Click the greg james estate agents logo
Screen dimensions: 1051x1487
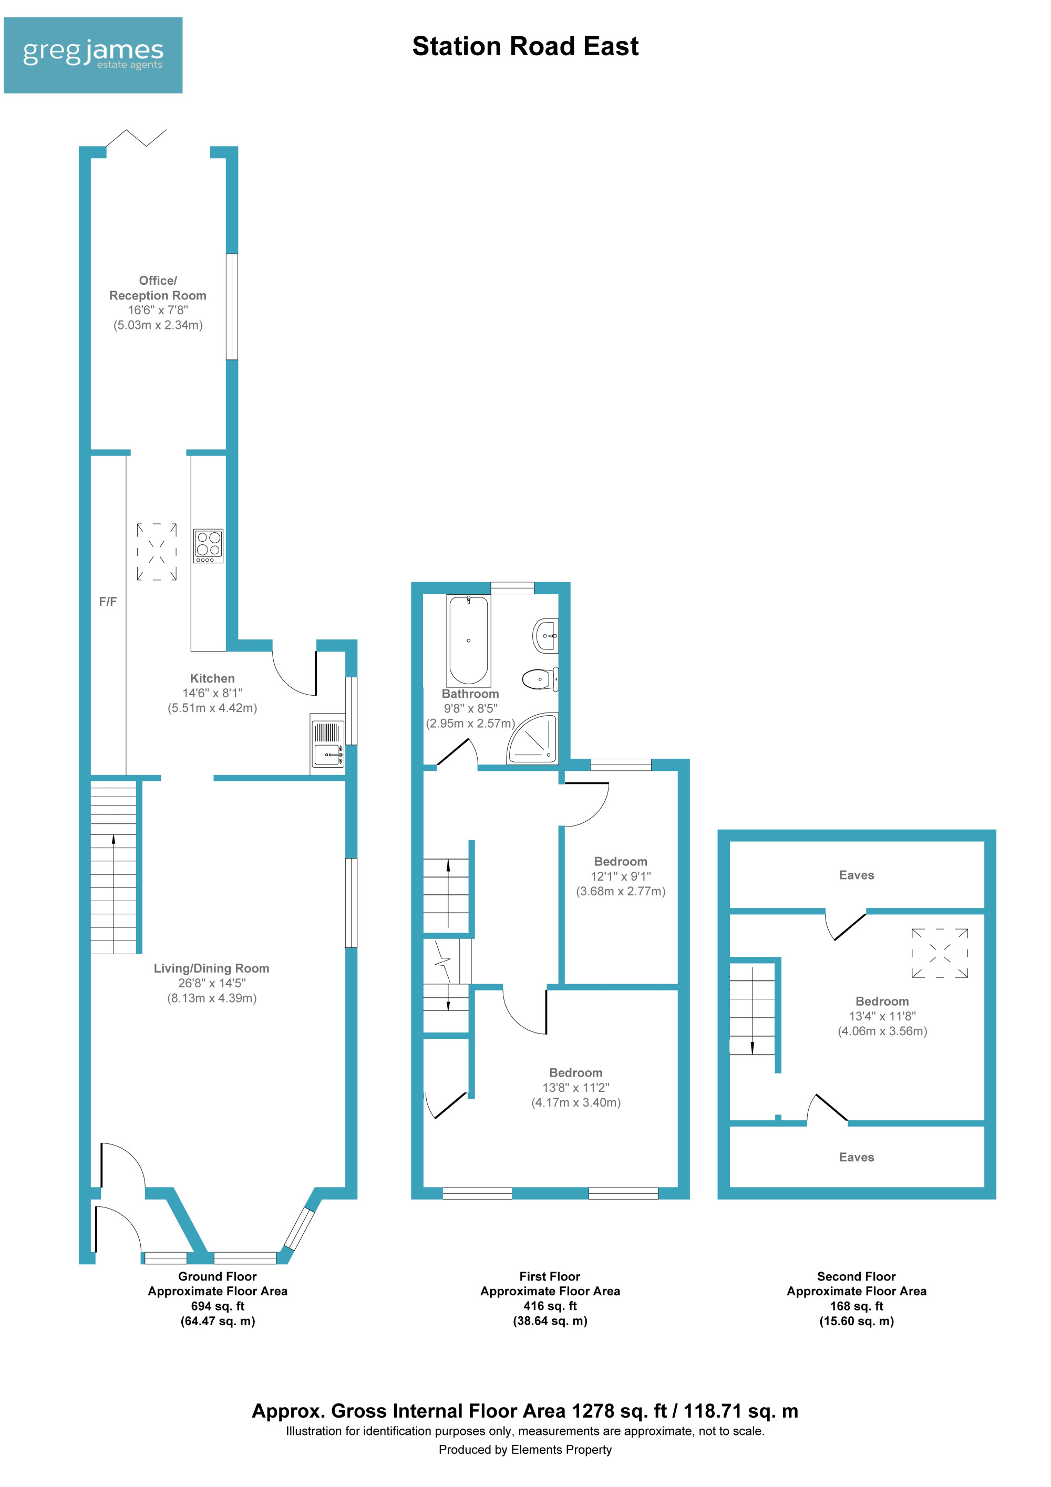pyautogui.click(x=92, y=55)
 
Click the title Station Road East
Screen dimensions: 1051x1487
pyautogui.click(x=525, y=47)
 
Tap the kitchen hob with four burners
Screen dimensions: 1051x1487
pyautogui.click(x=209, y=545)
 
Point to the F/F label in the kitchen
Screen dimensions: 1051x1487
pyautogui.click(x=108, y=602)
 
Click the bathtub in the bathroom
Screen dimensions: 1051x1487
pyautogui.click(x=468, y=641)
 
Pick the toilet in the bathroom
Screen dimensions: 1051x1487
pyautogui.click(x=540, y=679)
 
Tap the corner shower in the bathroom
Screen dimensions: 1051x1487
pyautogui.click(x=533, y=738)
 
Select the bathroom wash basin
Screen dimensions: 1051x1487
pyautogui.click(x=545, y=636)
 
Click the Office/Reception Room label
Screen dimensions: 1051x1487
pyautogui.click(x=158, y=287)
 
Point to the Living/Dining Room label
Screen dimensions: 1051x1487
pyautogui.click(x=211, y=968)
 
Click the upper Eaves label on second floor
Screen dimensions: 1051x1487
pyautogui.click(x=856, y=875)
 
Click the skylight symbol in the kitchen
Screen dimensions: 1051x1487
pyautogui.click(x=157, y=552)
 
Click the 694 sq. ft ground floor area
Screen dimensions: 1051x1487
pyautogui.click(x=218, y=1306)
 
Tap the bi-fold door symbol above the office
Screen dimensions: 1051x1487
pyautogui.click(x=136, y=138)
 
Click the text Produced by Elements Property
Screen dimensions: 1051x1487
pyautogui.click(x=525, y=1450)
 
